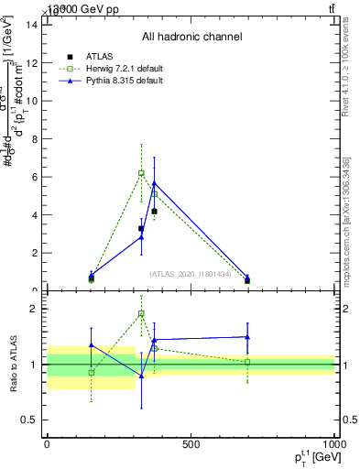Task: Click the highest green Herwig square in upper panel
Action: point(141,172)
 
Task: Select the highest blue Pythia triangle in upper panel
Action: point(154,183)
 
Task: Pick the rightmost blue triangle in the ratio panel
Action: point(247,337)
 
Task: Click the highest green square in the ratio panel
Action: point(141,313)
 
